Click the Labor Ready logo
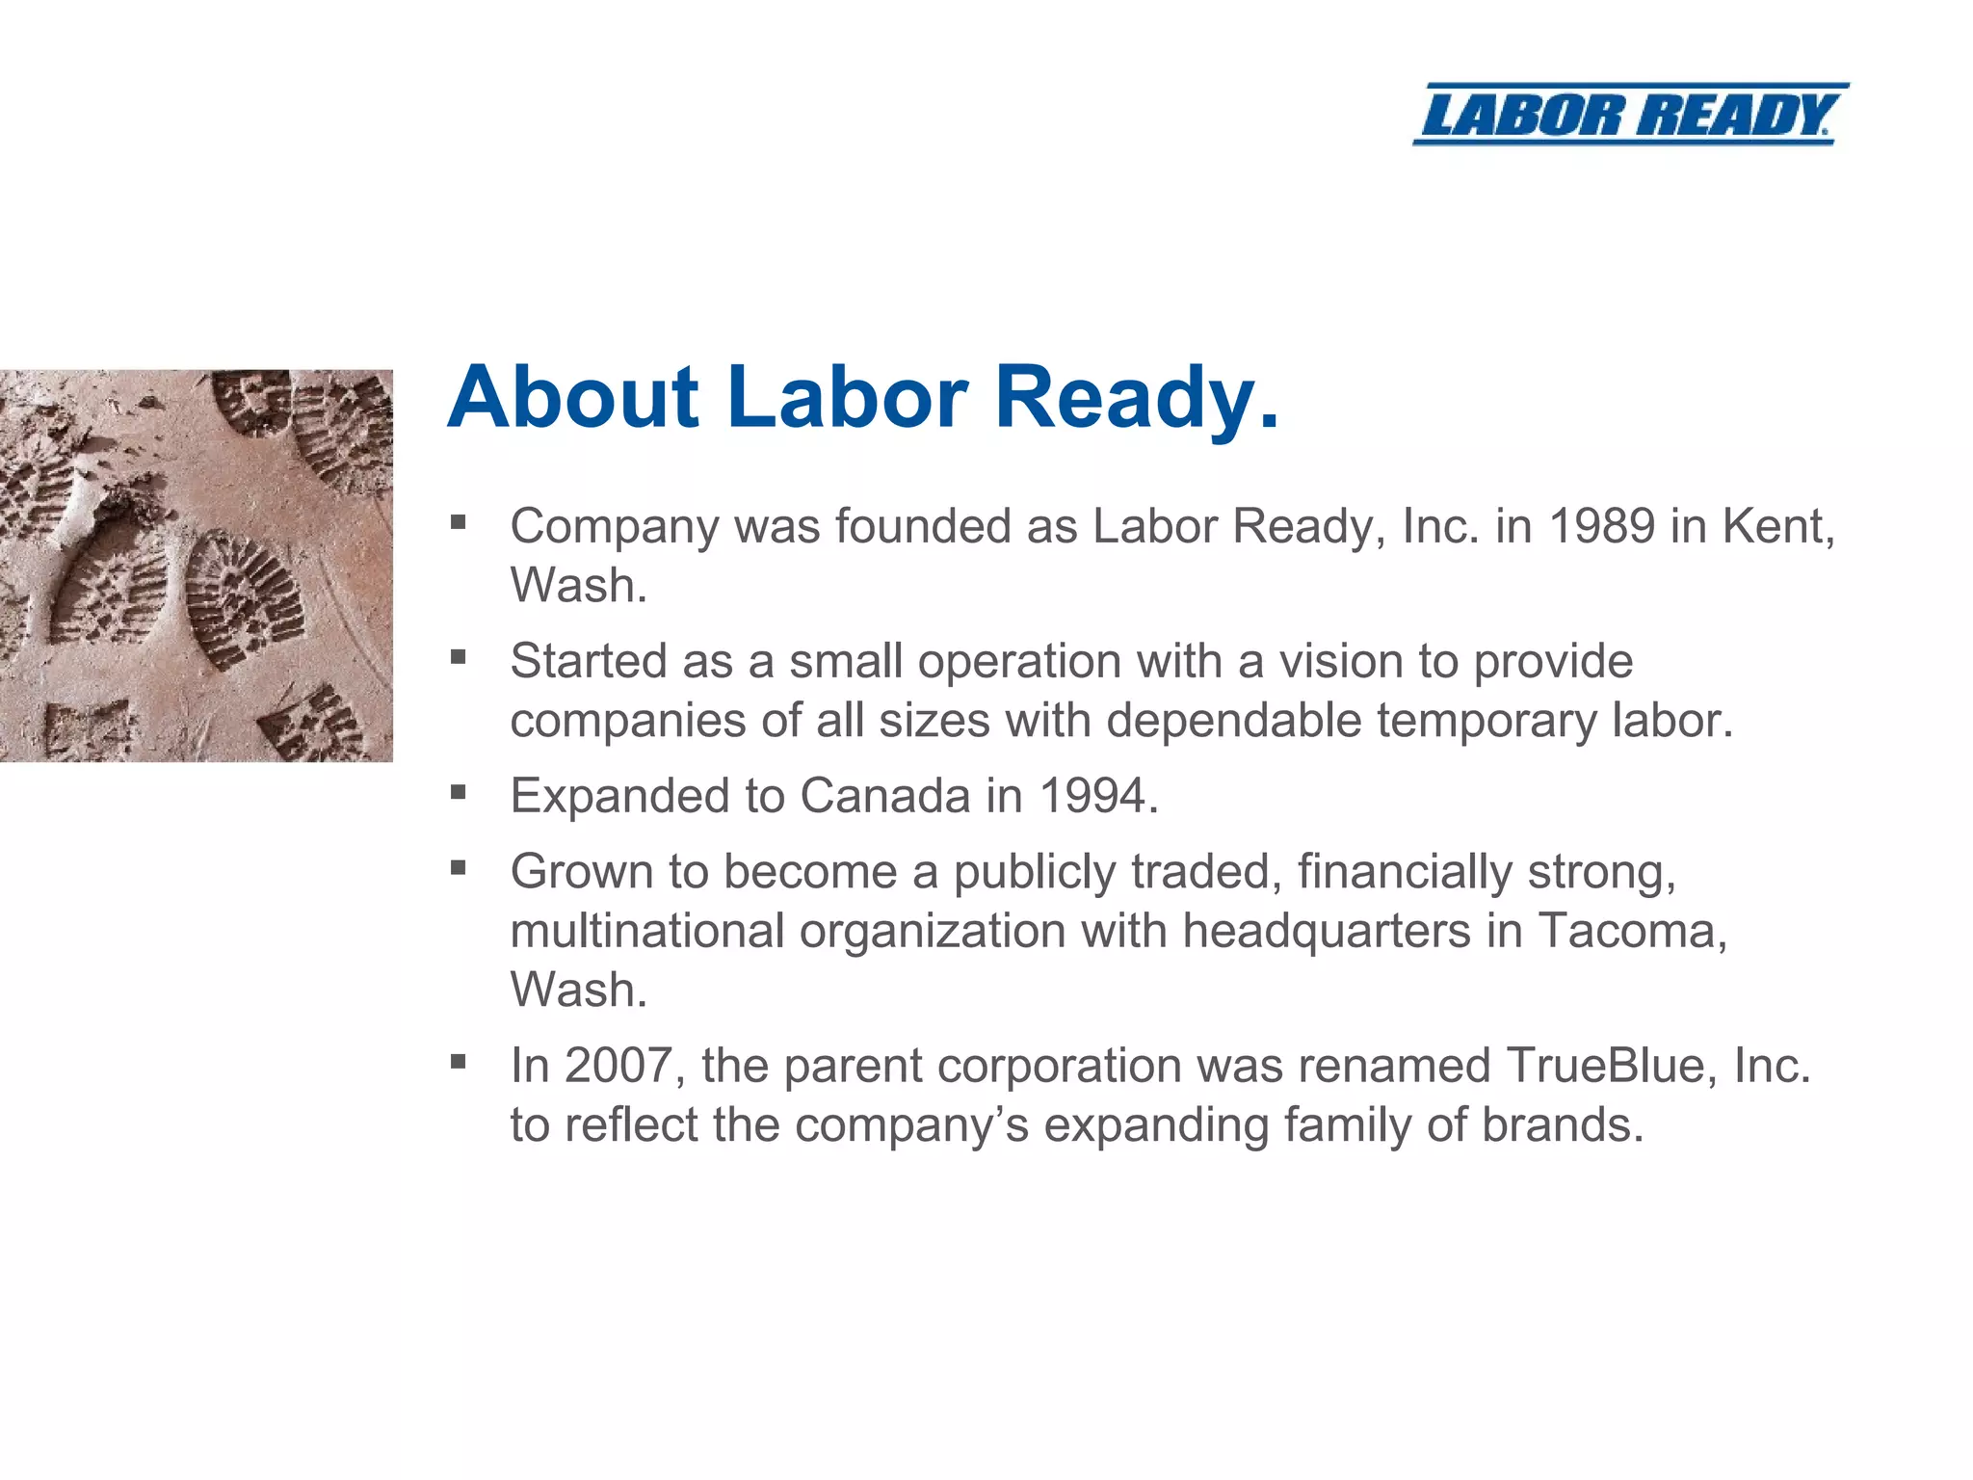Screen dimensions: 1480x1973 tap(1630, 114)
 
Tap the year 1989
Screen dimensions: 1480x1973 tap(1601, 526)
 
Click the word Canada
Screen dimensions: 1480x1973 tap(884, 796)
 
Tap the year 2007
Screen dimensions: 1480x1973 tap(618, 1066)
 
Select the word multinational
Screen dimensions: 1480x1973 tap(647, 931)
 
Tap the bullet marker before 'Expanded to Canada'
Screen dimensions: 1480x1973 tap(459, 792)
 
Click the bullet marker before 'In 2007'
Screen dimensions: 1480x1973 tap(459, 1062)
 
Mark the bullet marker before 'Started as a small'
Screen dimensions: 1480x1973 tap(459, 657)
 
